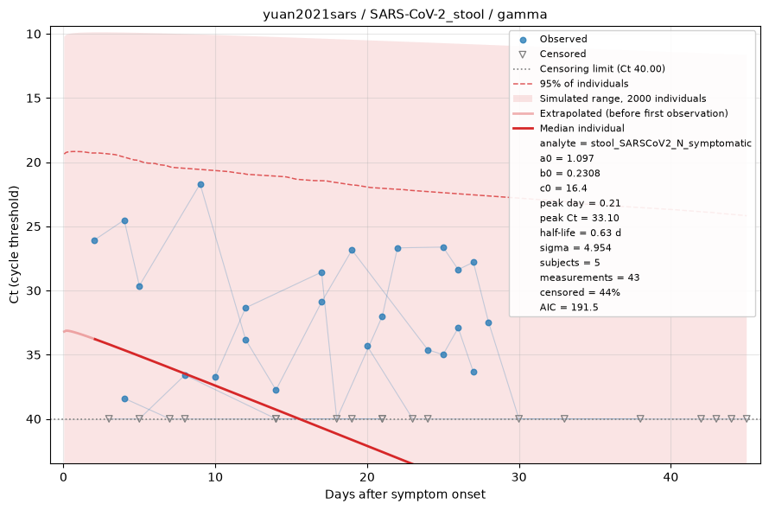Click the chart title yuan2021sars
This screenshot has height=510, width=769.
309,14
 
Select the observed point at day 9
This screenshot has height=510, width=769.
200,185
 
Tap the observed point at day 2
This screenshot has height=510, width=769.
94,240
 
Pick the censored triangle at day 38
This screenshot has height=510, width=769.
640,418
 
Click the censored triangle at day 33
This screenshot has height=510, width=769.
564,418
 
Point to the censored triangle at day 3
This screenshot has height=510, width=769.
110,418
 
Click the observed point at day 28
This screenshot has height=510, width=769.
488,323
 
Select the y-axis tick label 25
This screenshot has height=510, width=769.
34,226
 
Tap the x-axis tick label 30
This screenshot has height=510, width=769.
519,477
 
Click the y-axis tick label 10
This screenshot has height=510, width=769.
34,35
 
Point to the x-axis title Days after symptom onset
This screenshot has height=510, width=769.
405,494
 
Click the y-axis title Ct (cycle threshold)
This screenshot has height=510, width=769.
14,245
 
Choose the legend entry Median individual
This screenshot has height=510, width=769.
582,128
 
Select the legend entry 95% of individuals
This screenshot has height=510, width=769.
583,84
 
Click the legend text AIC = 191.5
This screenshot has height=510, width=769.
569,307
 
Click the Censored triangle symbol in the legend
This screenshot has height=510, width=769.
523,54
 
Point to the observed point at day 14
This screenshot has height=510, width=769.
276,390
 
